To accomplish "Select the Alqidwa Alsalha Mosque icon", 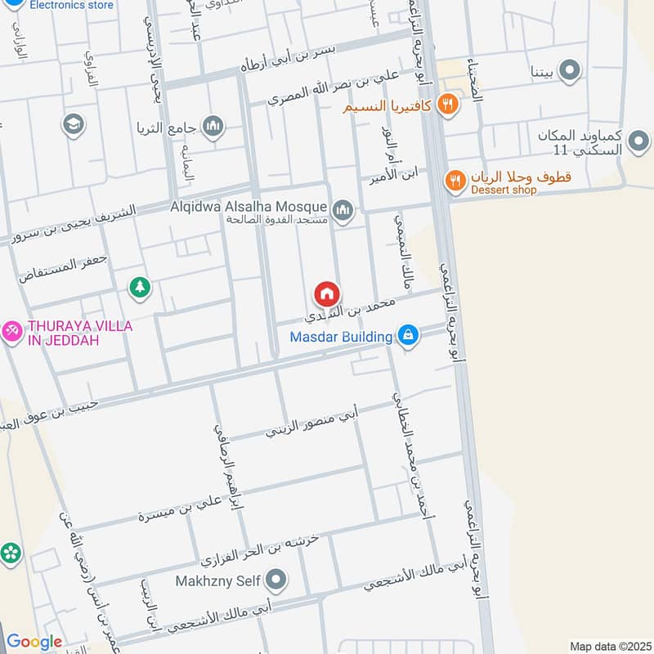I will pos(343,212).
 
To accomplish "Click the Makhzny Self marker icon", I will pos(277,580).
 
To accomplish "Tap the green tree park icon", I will pos(141,287).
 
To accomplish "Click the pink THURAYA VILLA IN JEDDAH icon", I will pos(11,331).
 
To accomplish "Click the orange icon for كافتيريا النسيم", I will pos(446,104).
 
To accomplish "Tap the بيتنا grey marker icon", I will pos(571,70).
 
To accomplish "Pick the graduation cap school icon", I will pos(73,124).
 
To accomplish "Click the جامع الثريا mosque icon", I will pos(213,127).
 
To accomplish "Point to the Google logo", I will pos(34,642).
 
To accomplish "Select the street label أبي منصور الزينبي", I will pos(311,423).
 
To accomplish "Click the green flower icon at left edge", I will pos(11,553).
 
